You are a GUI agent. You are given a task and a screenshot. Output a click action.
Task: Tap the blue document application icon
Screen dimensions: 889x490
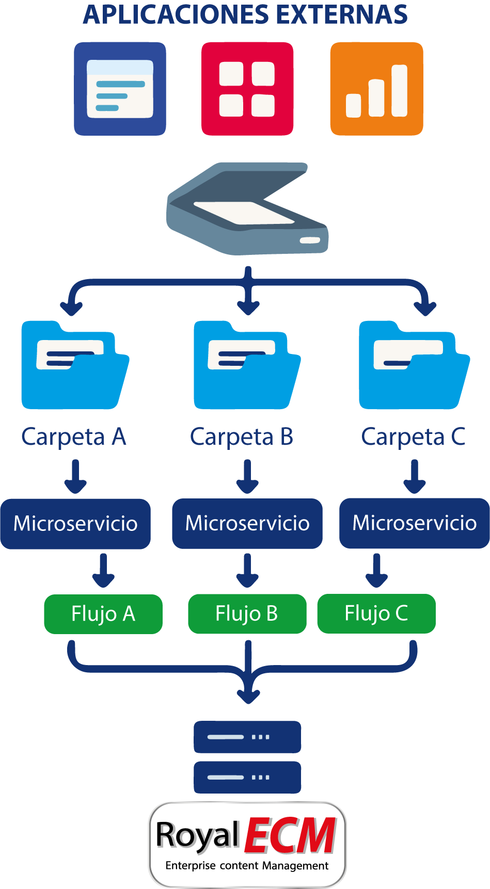tap(120, 89)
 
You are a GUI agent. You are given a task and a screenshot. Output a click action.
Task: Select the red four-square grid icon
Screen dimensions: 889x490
tap(247, 89)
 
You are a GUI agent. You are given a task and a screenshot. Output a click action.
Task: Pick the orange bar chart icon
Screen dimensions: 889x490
tap(376, 89)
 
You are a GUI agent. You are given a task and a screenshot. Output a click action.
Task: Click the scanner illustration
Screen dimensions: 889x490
tap(247, 208)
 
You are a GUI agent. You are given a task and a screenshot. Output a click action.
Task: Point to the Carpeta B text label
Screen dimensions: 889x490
tap(242, 437)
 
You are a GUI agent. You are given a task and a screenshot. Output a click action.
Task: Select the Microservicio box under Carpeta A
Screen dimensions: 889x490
tap(75, 523)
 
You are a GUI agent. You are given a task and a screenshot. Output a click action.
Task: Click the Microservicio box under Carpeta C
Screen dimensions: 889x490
tap(414, 523)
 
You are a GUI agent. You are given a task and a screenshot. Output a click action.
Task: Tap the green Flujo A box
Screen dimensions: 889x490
tap(103, 614)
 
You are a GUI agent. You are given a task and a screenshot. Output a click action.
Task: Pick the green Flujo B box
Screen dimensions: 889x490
tap(247, 613)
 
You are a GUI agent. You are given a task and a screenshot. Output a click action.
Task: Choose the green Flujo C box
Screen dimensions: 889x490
tap(376, 613)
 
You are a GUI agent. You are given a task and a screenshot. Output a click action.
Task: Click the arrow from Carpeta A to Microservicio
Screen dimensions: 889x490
tap(75, 477)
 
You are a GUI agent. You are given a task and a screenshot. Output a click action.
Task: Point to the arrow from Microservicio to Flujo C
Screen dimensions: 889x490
tap(377, 571)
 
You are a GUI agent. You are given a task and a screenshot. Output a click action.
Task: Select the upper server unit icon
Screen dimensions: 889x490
tap(247, 737)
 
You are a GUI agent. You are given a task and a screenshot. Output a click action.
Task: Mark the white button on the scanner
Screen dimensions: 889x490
tap(310, 240)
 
